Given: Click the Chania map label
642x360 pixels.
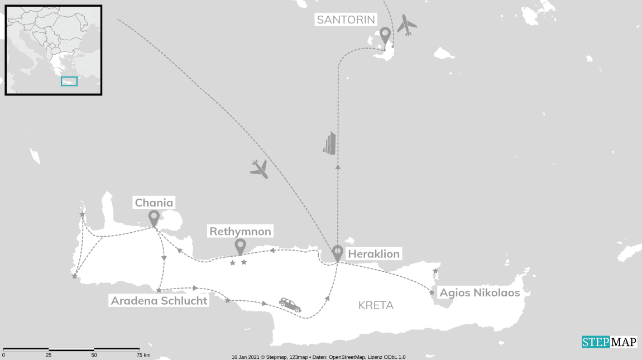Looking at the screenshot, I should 154,202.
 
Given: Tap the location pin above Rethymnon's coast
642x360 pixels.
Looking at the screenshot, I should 240,246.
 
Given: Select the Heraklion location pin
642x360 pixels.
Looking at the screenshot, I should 337,253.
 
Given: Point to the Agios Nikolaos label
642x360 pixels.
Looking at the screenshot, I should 480,292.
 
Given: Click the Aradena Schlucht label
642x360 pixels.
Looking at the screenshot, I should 159,301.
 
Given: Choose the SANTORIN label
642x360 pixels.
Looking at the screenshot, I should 346,20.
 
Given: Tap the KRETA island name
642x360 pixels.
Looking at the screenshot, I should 376,305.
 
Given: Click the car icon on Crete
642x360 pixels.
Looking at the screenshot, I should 290,305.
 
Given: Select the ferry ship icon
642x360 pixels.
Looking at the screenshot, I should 330,143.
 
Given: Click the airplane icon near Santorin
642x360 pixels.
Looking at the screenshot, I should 408,26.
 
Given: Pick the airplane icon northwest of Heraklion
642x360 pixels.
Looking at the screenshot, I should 259,169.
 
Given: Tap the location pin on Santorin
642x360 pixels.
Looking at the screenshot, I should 385,37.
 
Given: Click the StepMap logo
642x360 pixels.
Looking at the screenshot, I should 609,342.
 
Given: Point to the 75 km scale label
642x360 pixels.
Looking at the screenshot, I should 143,355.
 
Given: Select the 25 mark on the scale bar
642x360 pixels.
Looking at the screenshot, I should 49,355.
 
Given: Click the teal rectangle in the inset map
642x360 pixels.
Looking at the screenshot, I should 69,81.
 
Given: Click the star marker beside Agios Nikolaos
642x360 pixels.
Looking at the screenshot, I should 432,292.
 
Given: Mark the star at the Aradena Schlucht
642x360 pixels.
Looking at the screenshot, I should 159,290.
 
